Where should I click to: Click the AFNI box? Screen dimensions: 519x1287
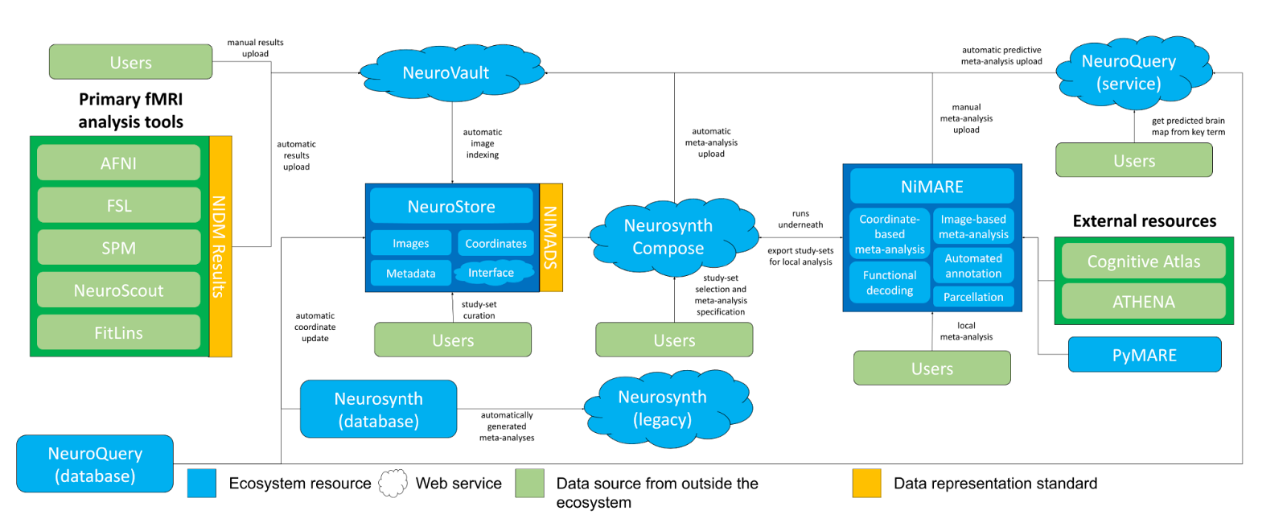(118, 163)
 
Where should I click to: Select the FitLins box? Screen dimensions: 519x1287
(118, 332)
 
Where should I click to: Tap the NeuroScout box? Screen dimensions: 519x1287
(118, 290)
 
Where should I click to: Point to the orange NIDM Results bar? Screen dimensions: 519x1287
(220, 246)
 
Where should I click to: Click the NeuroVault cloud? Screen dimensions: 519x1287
(446, 73)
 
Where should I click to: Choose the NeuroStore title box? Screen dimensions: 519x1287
(451, 207)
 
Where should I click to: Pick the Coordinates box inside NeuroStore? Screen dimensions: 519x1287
(495, 243)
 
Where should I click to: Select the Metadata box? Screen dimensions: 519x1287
(410, 274)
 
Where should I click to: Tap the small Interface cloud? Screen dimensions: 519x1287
(491, 273)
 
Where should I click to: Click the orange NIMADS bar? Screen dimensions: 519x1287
(551, 237)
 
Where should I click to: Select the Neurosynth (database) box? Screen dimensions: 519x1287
(378, 410)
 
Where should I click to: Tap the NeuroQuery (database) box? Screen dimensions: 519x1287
(95, 464)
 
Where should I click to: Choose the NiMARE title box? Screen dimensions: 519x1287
(932, 187)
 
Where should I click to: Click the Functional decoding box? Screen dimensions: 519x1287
(890, 282)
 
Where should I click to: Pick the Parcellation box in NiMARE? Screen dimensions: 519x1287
(973, 297)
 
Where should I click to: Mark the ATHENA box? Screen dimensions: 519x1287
(1143, 302)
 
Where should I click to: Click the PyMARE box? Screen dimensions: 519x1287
(1144, 355)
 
